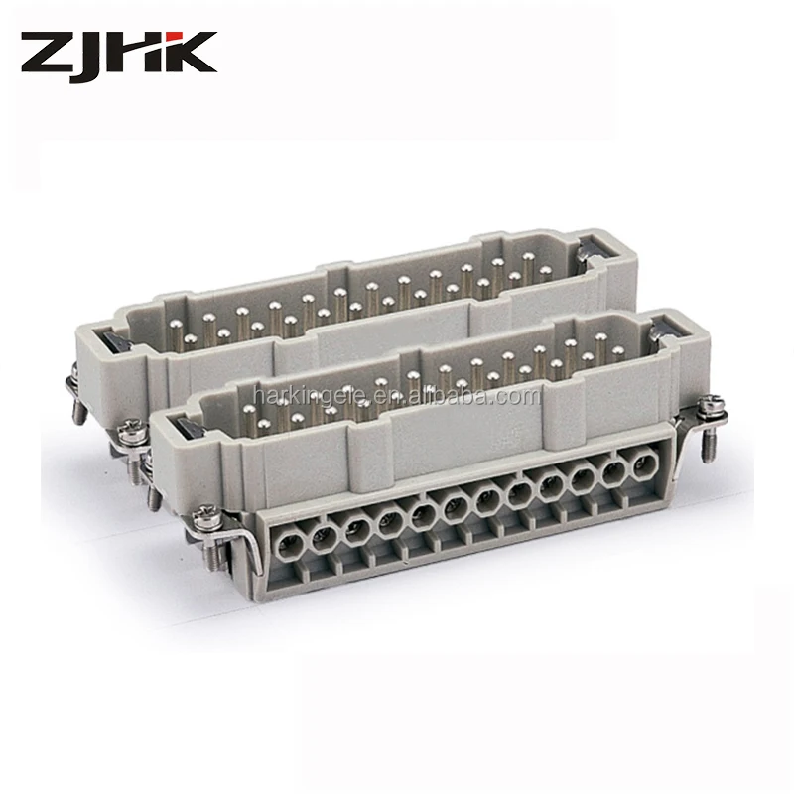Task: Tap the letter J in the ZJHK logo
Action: pyautogui.click(x=97, y=54)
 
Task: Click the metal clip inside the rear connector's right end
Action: pyautogui.click(x=594, y=253)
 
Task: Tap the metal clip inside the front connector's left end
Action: pyautogui.click(x=184, y=428)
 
